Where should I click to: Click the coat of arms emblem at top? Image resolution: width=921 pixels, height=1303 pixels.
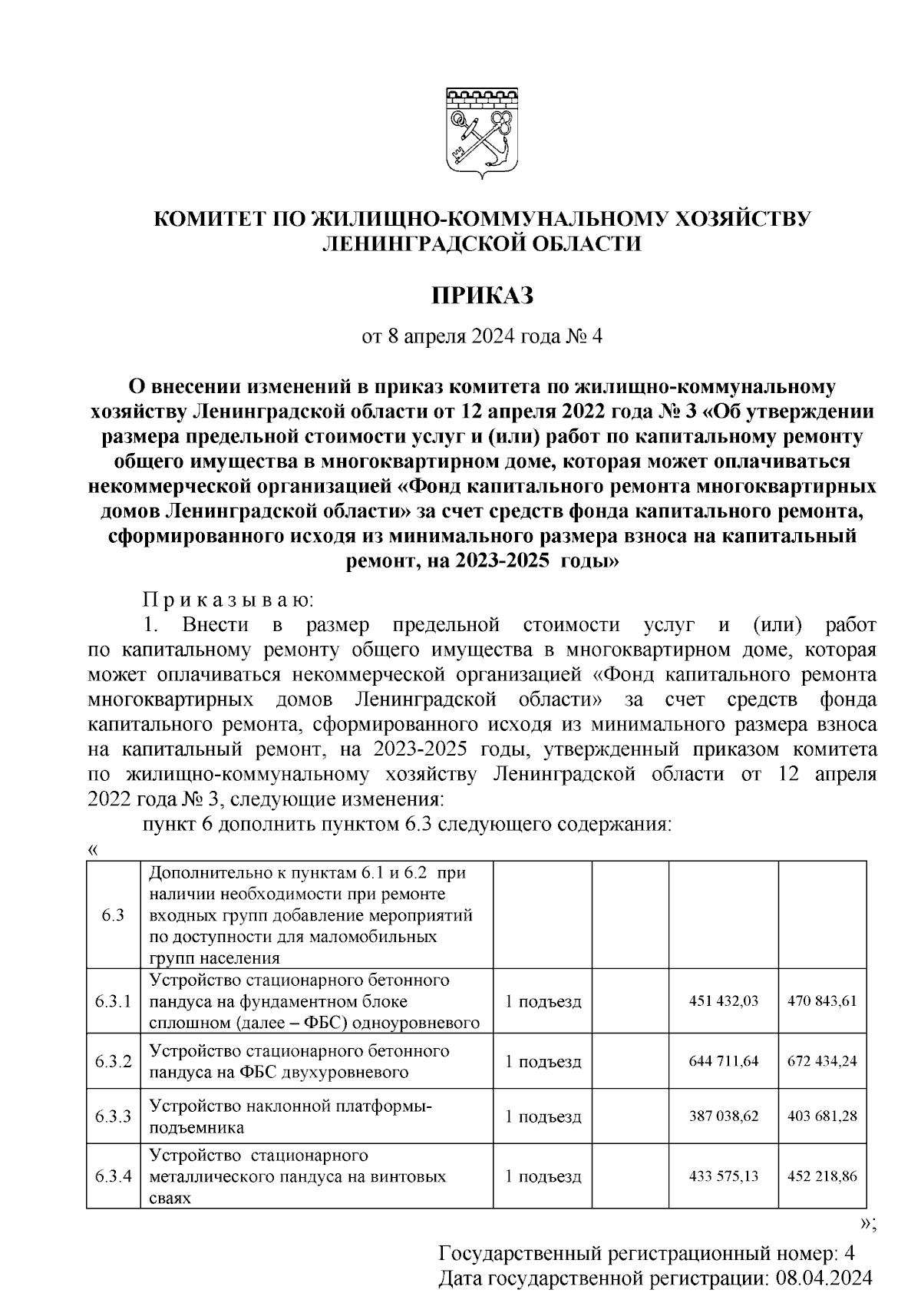point(482,132)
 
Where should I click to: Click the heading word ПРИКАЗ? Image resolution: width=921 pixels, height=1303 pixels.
point(482,295)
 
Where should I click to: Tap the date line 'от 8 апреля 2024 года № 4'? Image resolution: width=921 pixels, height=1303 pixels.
point(482,336)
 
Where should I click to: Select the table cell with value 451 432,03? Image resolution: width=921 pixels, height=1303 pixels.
point(724,1000)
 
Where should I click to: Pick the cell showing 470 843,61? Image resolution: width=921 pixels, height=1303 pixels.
point(822,1000)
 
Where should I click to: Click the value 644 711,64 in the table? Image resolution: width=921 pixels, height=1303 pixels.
point(724,1061)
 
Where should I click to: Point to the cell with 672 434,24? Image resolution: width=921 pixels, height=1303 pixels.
point(822,1061)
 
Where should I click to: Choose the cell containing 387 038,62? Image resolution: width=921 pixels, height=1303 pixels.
point(724,1116)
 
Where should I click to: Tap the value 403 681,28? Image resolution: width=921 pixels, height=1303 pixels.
point(822,1116)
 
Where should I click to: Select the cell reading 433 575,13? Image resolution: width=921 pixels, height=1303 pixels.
point(724,1176)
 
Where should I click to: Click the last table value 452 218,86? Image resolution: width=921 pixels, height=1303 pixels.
point(822,1176)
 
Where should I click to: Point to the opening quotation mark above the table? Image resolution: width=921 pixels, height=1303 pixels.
point(94,850)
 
